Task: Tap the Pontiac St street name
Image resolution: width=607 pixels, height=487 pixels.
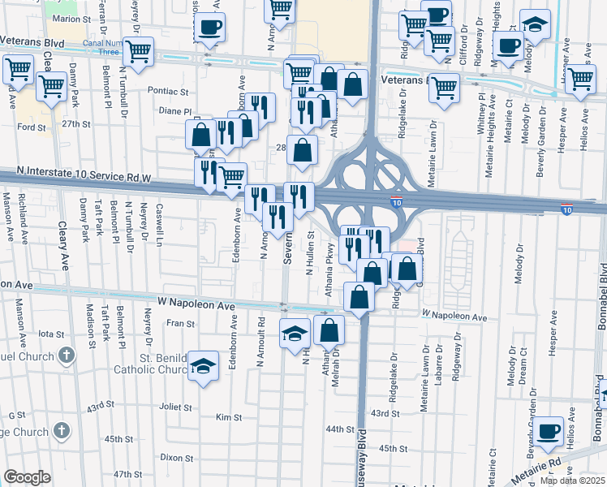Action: click(168, 91)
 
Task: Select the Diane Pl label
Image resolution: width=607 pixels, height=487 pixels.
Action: click(175, 111)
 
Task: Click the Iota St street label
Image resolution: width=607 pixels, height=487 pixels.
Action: click(51, 334)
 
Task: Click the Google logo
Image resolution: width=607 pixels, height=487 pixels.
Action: click(27, 477)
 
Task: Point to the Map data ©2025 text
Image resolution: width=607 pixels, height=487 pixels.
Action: click(572, 481)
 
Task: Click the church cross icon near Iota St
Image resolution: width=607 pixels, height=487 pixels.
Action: click(67, 356)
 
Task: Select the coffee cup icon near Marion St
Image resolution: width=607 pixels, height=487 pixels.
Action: click(210, 26)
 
